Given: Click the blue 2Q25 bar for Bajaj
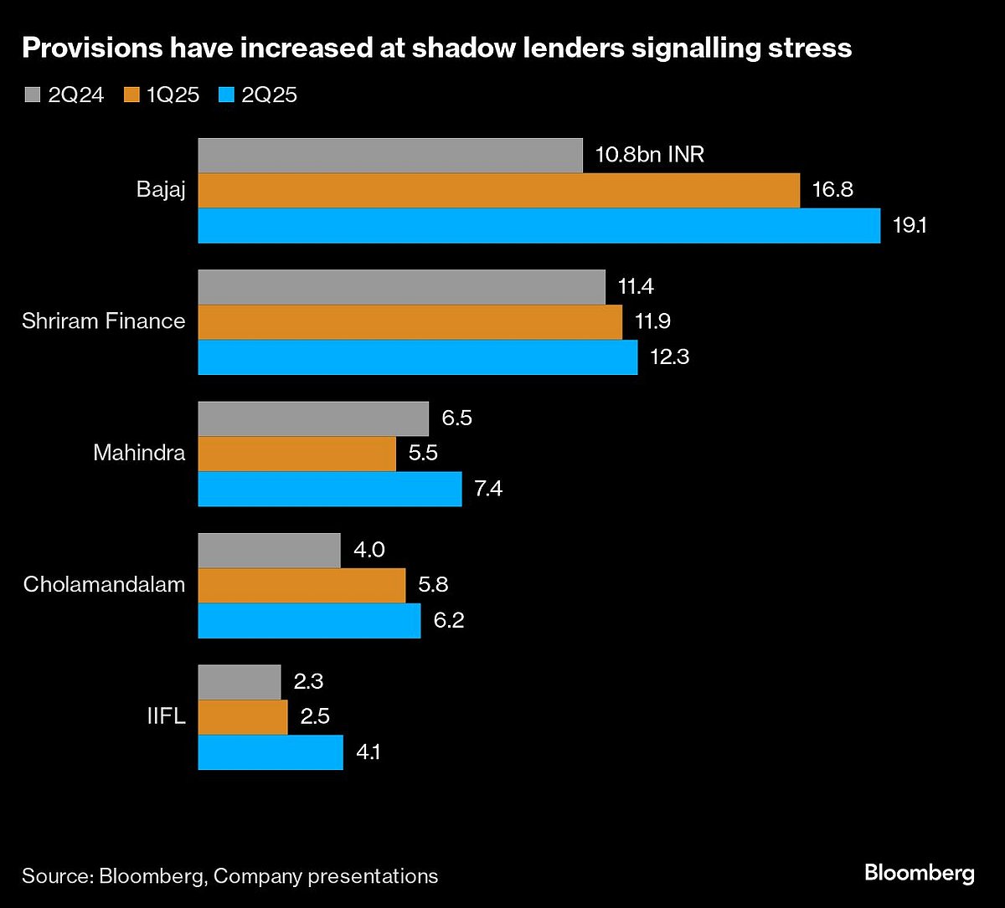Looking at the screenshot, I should [539, 226].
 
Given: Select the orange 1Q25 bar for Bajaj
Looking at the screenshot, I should [499, 191].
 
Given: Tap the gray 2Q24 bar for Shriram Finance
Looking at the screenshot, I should [401, 287].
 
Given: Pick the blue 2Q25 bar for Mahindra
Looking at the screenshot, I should [329, 489].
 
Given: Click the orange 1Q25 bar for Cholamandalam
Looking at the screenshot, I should [301, 585].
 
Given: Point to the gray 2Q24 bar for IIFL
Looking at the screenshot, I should [240, 682].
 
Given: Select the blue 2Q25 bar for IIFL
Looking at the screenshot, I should [271, 752].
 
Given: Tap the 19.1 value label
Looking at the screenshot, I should [910, 226].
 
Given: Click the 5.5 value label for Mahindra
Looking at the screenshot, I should [422, 454].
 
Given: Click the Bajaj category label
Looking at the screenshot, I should [161, 191].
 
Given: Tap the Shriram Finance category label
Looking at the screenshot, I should [104, 321].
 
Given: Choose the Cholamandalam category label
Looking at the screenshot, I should [104, 585].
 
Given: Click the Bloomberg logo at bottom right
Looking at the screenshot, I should [919, 874].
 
